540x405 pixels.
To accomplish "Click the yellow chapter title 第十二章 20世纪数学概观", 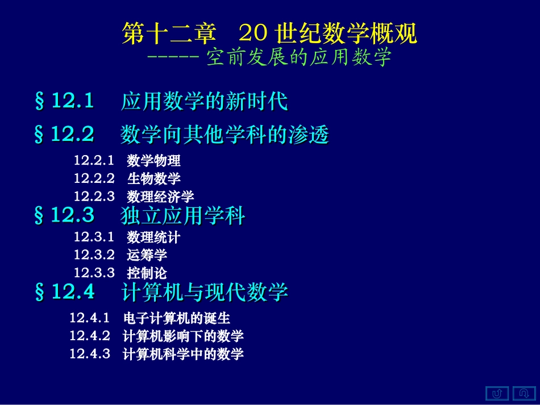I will [270, 34].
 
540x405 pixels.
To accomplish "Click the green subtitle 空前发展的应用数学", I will [299, 57].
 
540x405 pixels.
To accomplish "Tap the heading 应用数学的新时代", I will [204, 102].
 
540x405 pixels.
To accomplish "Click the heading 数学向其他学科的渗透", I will [225, 135].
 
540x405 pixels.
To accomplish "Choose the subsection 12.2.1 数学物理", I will [127, 161].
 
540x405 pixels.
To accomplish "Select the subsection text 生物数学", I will [153, 178].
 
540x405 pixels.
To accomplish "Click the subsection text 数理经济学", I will [160, 197].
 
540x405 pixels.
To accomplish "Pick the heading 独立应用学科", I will [183, 216].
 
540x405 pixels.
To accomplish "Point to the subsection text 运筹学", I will [147, 254].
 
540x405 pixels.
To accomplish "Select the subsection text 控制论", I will [147, 273].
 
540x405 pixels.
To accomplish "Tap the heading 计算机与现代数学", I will [204, 293].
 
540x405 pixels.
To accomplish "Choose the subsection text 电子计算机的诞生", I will [176, 318].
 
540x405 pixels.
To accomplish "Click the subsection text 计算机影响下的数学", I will [183, 336].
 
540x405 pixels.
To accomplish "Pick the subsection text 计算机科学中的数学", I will [183, 354].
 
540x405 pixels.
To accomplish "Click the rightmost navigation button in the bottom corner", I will [524, 393].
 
